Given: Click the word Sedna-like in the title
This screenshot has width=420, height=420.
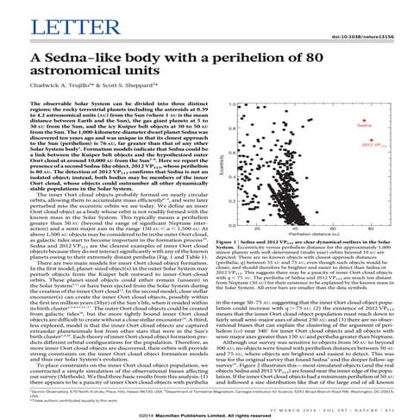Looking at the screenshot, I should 100,58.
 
